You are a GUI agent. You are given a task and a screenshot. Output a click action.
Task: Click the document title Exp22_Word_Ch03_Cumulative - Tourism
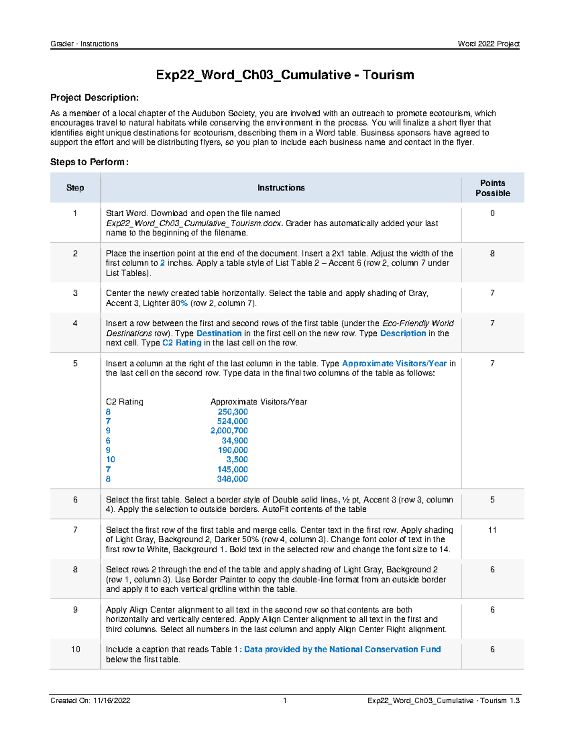click(285, 75)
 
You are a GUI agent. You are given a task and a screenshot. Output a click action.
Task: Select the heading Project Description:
click(95, 97)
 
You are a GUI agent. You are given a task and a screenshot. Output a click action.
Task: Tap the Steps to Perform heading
click(89, 162)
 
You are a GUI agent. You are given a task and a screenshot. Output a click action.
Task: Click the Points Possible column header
click(492, 188)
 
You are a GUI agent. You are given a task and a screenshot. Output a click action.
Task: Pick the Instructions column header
click(281, 188)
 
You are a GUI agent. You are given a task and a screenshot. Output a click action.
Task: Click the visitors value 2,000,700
click(229, 431)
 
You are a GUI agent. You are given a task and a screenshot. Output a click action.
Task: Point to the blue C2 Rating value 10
click(110, 460)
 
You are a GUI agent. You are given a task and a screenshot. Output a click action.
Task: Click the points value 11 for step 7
click(492, 530)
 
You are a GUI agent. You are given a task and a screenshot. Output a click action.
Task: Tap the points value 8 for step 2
click(492, 254)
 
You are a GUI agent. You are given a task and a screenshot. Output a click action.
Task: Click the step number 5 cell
click(75, 364)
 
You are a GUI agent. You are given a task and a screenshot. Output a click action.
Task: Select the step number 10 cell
click(75, 650)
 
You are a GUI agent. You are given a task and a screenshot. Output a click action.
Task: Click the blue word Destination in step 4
click(219, 333)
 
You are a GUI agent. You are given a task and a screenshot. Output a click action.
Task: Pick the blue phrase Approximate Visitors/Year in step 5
click(394, 364)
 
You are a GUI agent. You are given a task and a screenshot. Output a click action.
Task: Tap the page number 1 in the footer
click(285, 700)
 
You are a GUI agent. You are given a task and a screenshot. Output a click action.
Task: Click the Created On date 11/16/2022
click(112, 700)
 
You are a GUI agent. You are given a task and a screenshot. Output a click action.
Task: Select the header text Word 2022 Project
click(488, 44)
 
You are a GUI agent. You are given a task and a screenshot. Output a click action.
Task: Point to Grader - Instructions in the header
click(84, 44)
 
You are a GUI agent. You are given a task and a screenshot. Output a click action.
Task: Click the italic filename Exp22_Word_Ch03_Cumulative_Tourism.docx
click(194, 223)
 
